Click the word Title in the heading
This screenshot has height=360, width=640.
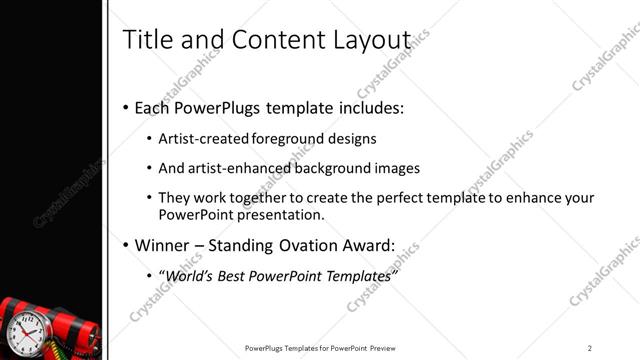(x=144, y=39)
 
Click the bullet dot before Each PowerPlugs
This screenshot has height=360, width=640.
(x=125, y=108)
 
